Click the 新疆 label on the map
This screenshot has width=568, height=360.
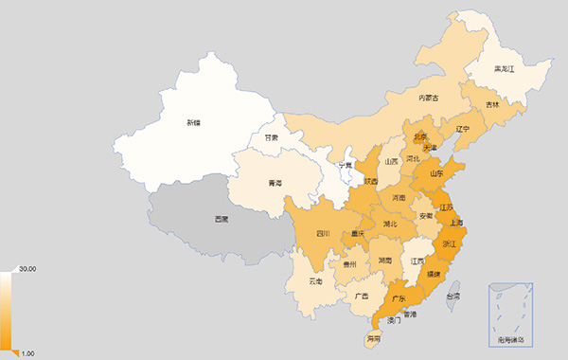click(x=193, y=122)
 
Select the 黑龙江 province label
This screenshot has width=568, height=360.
click(x=505, y=69)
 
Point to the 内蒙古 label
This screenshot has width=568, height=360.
click(x=430, y=97)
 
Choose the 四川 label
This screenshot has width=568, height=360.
click(x=323, y=233)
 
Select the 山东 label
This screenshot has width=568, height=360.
click(x=436, y=173)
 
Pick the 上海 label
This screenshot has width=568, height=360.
click(x=456, y=224)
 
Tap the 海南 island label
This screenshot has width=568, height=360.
click(x=373, y=337)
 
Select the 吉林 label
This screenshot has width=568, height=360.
click(x=492, y=104)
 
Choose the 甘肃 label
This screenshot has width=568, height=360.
click(x=272, y=137)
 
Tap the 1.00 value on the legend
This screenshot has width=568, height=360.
click(x=27, y=353)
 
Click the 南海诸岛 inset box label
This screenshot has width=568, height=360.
click(x=511, y=338)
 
